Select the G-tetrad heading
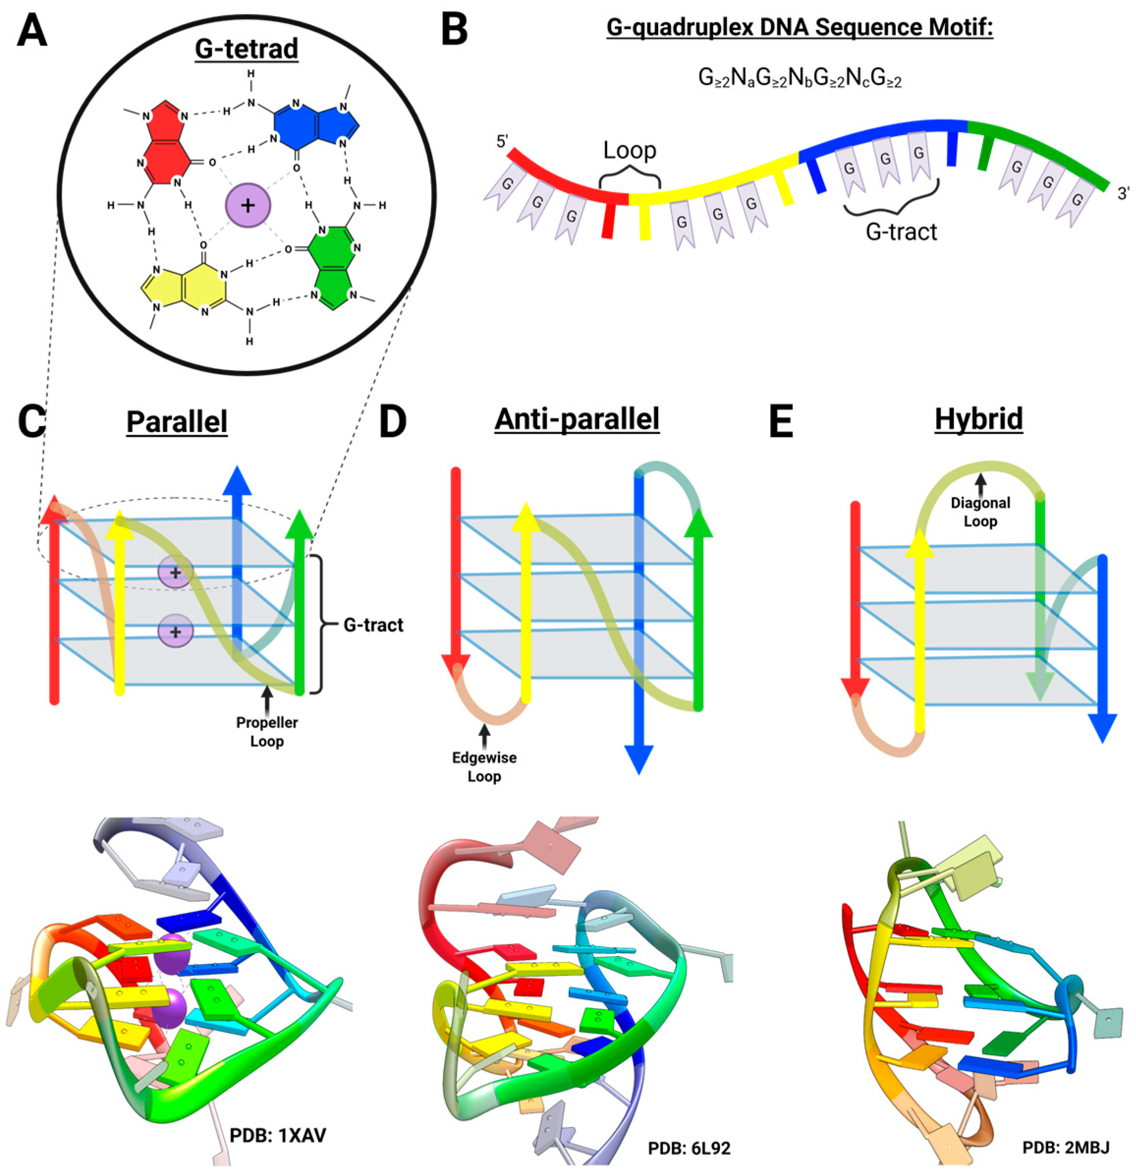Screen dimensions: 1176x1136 pos(247,49)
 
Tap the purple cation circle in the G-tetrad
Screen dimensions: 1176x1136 pos(247,205)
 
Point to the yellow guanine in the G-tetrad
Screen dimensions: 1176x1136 pos(186,289)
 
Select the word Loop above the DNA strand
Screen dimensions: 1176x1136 pos(630,150)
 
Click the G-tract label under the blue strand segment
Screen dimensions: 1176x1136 pos(901,231)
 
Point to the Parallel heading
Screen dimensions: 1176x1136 pos(177,422)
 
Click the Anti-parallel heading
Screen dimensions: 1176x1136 pos(577,418)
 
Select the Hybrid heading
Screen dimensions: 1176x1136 pos(979,418)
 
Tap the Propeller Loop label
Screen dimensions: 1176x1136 pos(267,732)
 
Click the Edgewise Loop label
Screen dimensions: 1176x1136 pos(484,767)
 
